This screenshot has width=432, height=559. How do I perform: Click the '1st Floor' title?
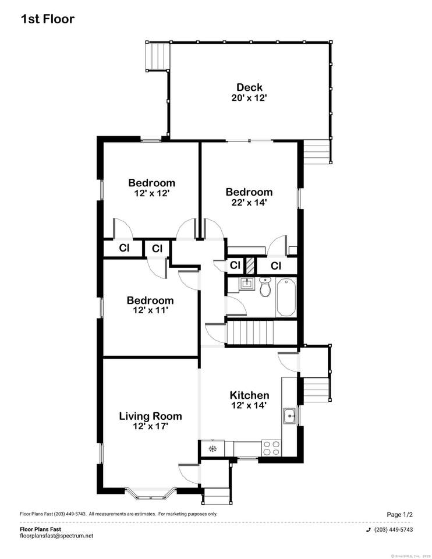click(x=48, y=19)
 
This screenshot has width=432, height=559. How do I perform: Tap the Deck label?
click(x=249, y=87)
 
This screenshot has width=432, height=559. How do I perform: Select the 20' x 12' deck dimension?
click(x=249, y=98)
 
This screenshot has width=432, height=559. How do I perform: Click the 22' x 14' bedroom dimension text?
click(x=249, y=203)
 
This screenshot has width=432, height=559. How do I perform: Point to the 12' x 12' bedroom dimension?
click(x=151, y=193)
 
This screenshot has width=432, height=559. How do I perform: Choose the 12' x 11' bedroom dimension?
click(x=150, y=310)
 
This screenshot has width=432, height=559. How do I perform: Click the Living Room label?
click(x=150, y=416)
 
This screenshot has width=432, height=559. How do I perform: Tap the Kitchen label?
click(x=249, y=395)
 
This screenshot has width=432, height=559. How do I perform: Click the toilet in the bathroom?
click(x=265, y=287)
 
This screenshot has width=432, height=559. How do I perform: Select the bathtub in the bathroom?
click(x=286, y=298)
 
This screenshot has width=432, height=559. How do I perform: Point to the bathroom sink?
click(x=246, y=284)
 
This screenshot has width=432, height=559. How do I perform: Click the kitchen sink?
click(x=289, y=416)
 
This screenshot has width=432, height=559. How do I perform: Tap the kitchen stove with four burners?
click(x=271, y=448)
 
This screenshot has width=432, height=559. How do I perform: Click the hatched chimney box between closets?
click(x=250, y=266)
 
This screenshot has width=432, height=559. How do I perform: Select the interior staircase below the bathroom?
click(x=262, y=333)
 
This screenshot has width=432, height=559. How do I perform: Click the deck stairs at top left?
click(x=157, y=56)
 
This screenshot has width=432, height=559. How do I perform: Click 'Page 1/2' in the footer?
click(x=399, y=514)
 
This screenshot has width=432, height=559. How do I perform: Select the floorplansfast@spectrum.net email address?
click(x=56, y=536)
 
